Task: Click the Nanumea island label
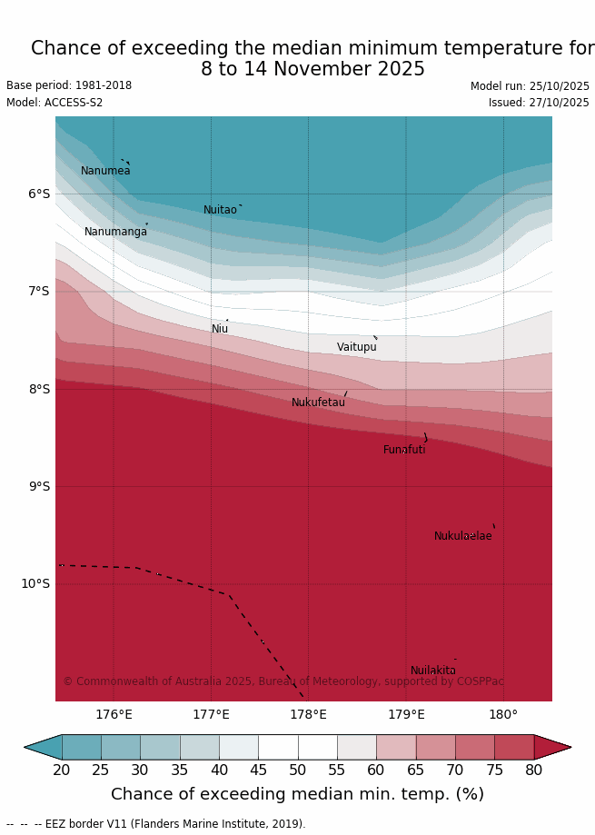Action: tap(105, 171)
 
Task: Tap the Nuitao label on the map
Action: tap(220, 210)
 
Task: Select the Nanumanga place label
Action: tap(115, 232)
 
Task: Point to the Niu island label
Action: tap(220, 329)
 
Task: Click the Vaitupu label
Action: tap(356, 347)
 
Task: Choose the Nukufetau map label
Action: tap(318, 403)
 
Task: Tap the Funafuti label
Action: tap(404, 450)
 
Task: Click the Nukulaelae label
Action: tap(462, 536)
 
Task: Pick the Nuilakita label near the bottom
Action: tap(432, 671)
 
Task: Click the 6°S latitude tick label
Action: tap(39, 194)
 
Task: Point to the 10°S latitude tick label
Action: tap(35, 583)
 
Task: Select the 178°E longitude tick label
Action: tap(308, 714)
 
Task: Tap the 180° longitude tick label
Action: tap(503, 714)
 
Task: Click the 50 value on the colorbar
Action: tap(297, 770)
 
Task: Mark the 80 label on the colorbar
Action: tap(533, 770)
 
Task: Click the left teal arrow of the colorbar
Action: tap(43, 747)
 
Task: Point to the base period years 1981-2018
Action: tap(100, 85)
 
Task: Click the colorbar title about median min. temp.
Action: tap(297, 794)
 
